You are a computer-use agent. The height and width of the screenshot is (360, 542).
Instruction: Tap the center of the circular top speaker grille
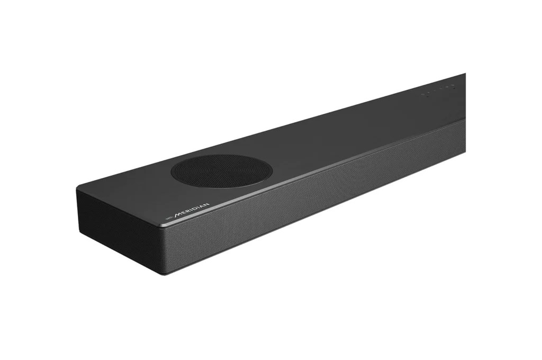[221, 171]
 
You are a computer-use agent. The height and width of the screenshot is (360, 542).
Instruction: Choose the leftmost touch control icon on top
[423, 95]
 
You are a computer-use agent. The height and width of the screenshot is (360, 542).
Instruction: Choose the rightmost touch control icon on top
[454, 85]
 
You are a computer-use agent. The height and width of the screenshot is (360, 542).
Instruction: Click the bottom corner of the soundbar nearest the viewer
[158, 273]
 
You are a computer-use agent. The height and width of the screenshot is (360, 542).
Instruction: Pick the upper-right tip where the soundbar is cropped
[465, 74]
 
